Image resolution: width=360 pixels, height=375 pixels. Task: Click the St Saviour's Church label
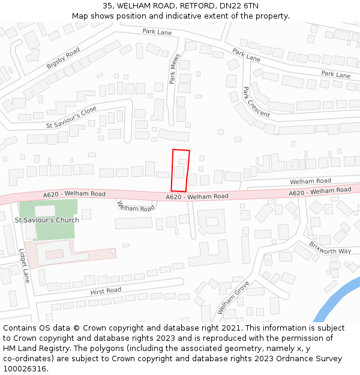(x=47, y=220)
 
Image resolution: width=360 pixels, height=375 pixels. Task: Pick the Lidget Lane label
(x=25, y=266)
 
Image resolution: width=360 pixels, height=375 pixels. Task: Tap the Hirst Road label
(x=106, y=290)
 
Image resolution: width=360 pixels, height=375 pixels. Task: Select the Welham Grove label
(x=233, y=298)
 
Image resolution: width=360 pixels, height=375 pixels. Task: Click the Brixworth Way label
(x=330, y=247)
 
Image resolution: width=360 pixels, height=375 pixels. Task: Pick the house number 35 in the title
(x=107, y=6)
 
